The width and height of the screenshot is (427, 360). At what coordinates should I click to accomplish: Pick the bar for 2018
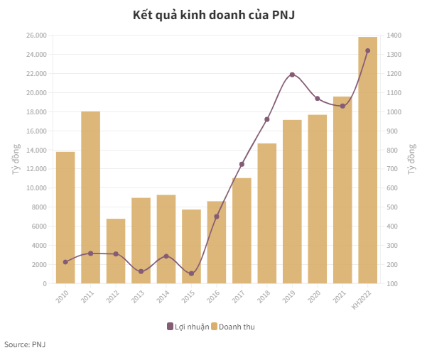[x=267, y=213]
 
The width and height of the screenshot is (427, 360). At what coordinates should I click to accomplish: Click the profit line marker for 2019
[x=292, y=75]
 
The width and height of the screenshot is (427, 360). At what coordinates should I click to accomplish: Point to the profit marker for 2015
[x=191, y=273]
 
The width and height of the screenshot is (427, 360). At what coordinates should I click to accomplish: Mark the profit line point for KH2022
[x=367, y=50]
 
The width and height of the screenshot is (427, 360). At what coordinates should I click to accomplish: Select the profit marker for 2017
[x=242, y=164]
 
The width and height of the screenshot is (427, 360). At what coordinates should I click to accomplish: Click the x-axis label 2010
[x=63, y=296]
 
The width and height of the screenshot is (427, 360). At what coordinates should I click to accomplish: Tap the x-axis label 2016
[x=214, y=296]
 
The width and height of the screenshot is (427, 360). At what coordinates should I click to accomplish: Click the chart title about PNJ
[x=213, y=15]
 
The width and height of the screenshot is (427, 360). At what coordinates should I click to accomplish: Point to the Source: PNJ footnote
[x=25, y=344]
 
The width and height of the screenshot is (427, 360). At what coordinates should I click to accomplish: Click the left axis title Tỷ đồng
[x=15, y=159]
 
